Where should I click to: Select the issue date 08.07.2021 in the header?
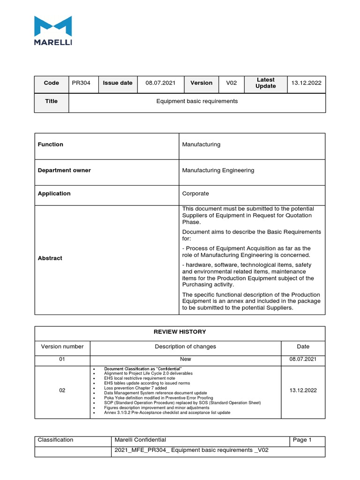point(160,83)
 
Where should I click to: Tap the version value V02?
point(232,83)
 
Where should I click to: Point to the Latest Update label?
point(265,83)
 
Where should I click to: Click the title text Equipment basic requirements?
point(197,101)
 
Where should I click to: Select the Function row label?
point(51,144)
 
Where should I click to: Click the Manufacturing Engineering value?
point(218,171)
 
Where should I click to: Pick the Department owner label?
point(64,171)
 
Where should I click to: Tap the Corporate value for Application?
point(195,194)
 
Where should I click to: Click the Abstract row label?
point(50,258)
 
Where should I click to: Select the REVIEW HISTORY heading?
point(180,332)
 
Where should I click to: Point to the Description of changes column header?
point(186,347)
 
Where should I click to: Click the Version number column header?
point(62,347)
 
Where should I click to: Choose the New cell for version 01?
point(185,359)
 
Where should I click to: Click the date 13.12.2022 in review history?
point(303,390)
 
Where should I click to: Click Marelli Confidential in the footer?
point(140,440)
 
